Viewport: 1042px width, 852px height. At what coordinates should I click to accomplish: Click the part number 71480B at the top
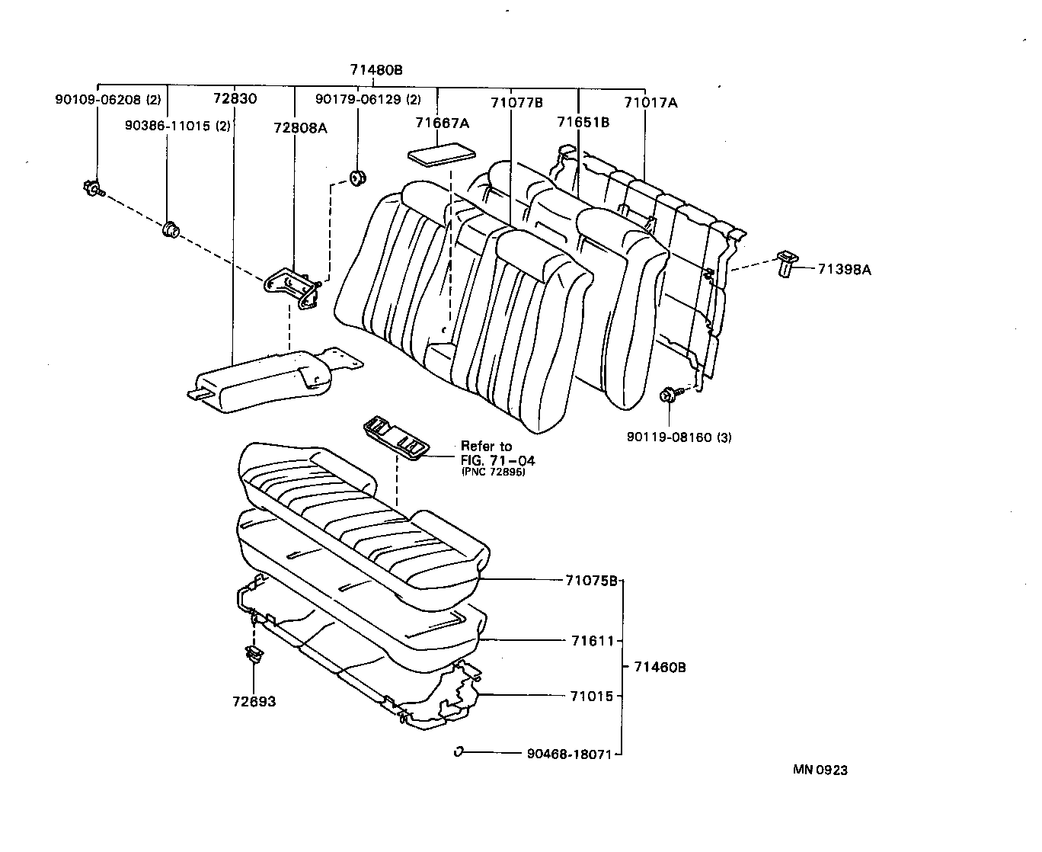click(x=376, y=70)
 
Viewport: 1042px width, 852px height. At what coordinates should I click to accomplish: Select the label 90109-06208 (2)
click(x=107, y=99)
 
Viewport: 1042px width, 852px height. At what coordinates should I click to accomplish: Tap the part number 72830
click(x=235, y=99)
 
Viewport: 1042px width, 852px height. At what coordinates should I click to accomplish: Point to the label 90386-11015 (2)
click(x=177, y=126)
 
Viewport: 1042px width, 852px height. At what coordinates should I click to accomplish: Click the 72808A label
click(x=300, y=128)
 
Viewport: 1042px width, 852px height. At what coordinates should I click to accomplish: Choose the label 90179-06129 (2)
click(x=368, y=99)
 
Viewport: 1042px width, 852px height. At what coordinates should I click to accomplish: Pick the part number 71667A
click(x=442, y=123)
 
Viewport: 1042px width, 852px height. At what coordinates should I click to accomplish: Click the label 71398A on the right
click(x=845, y=268)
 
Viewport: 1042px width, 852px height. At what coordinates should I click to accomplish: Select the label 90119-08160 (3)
click(x=679, y=437)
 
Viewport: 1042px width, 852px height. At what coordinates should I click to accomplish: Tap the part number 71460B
click(x=660, y=667)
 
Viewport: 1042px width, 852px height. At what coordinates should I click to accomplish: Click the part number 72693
click(x=254, y=701)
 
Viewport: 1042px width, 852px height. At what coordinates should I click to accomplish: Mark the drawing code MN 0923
click(x=820, y=770)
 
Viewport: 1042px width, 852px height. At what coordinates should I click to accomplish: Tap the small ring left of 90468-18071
click(x=459, y=751)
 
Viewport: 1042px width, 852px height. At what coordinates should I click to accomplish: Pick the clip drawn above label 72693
click(x=254, y=654)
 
